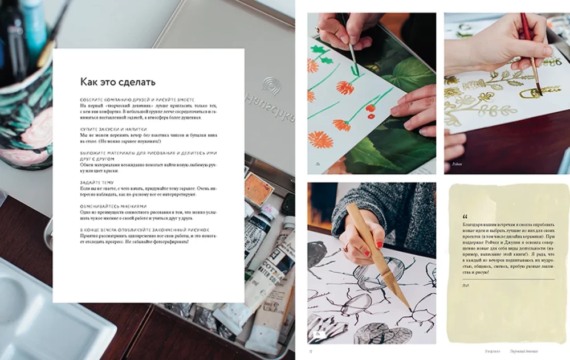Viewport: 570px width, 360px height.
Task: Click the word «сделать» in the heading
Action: [x=135, y=81]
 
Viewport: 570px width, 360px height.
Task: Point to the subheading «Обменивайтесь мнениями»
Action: [x=113, y=206]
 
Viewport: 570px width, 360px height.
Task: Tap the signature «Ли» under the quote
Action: [x=466, y=285]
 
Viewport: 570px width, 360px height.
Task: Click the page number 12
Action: [x=310, y=351]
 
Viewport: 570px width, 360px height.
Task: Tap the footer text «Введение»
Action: [x=493, y=351]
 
